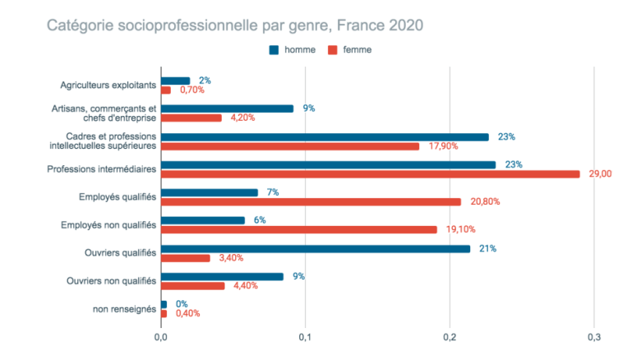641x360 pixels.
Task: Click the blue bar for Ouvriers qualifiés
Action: (316, 248)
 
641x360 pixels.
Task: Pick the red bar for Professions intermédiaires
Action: (370, 173)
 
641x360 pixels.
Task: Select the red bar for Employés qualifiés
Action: (311, 201)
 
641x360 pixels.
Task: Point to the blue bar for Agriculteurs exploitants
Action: (175, 81)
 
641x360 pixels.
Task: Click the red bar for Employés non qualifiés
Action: (298, 229)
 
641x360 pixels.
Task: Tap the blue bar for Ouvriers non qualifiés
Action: (222, 276)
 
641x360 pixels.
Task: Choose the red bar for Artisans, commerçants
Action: (191, 118)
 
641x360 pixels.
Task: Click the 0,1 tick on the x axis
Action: (305, 337)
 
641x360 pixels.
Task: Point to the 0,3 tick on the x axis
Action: (594, 337)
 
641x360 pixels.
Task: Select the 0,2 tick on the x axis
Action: (450, 337)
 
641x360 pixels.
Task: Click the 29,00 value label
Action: (602, 173)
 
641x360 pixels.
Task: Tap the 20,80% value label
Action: (484, 201)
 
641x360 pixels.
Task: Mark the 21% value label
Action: (487, 248)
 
